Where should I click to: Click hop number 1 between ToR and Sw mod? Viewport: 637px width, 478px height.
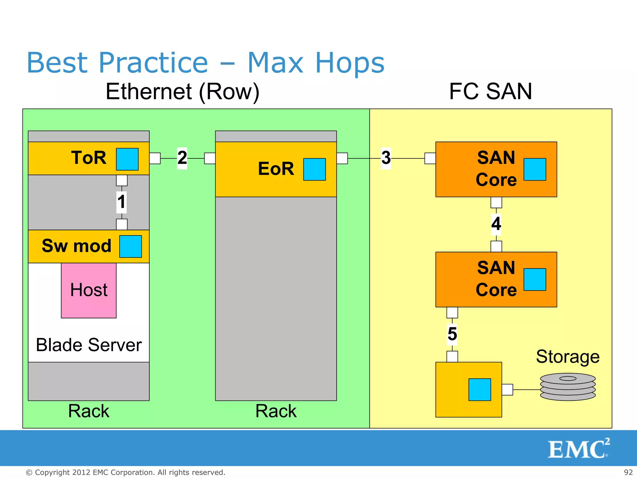pos(121,202)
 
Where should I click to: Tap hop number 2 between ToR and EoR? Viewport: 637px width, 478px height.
pos(182,158)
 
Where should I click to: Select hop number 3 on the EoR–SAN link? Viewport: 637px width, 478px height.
pos(386,158)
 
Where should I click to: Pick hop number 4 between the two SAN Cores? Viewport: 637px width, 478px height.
pos(496,224)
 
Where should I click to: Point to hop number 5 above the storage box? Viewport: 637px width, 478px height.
pos(452,334)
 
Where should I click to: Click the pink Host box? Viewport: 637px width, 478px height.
pos(89,290)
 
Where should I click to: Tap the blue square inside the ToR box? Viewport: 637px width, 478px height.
pos(127,159)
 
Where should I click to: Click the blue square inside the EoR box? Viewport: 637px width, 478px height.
pos(314,169)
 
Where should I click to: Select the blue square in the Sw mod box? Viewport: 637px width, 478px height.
pos(131,246)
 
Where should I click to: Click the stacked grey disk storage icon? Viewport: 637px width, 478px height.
pos(568,387)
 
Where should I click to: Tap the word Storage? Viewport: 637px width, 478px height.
pos(568,357)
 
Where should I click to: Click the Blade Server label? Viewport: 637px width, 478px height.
pos(89,345)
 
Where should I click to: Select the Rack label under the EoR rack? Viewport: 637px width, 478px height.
pos(276,411)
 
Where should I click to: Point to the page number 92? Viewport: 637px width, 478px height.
pos(628,472)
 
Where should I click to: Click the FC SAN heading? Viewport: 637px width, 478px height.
pos(491,91)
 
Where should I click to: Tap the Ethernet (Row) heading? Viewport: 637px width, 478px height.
pos(183,91)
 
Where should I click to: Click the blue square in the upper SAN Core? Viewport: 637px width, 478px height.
pos(535,169)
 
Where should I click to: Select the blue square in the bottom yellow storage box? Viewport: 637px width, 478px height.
pos(480,390)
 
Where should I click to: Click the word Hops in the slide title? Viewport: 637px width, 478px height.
pos(350,63)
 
